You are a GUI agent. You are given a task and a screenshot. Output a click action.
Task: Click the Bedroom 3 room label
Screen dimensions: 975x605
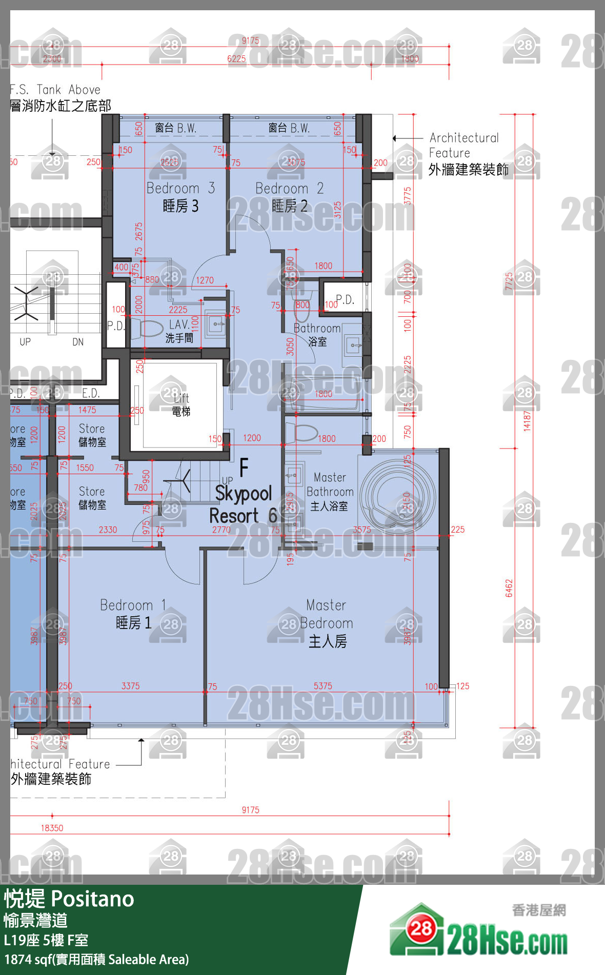[x=180, y=197]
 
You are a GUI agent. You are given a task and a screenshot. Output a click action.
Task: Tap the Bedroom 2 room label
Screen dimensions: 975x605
[x=290, y=197]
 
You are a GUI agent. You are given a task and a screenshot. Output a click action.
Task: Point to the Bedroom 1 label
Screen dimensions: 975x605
[x=133, y=614]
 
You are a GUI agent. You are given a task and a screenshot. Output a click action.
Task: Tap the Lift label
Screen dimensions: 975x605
[x=181, y=404]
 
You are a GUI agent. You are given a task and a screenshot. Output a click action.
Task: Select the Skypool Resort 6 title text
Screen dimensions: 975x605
[x=244, y=504]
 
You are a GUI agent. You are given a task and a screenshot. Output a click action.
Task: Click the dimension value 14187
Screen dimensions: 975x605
[x=527, y=420]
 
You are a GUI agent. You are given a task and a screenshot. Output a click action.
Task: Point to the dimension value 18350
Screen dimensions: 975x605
[x=52, y=828]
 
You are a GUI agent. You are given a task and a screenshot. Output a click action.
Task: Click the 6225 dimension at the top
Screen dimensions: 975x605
[x=236, y=59]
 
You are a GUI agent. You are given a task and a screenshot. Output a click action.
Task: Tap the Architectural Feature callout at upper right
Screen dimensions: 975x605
[x=464, y=154]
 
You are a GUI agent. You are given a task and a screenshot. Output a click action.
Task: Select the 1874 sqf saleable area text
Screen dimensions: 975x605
[x=96, y=960]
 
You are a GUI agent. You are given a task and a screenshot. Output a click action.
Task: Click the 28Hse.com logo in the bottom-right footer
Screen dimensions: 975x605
[x=479, y=931]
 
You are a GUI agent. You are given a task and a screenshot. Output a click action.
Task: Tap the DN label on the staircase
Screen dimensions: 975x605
[x=78, y=342]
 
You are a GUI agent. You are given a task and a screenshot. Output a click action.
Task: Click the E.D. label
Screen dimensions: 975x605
[x=91, y=393]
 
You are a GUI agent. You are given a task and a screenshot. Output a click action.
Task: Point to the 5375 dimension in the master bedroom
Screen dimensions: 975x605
[x=322, y=686]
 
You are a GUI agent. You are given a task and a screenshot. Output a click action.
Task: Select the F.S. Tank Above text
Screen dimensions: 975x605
[x=55, y=90]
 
